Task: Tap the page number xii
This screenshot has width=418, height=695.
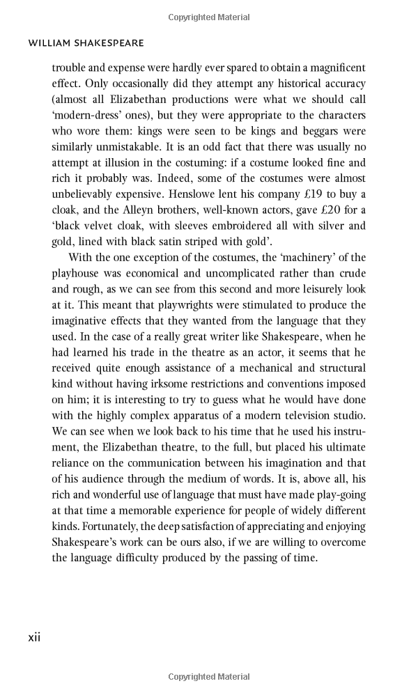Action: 34,637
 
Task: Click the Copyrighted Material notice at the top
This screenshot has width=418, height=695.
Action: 209,17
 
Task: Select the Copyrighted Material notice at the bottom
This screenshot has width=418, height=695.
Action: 209,677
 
